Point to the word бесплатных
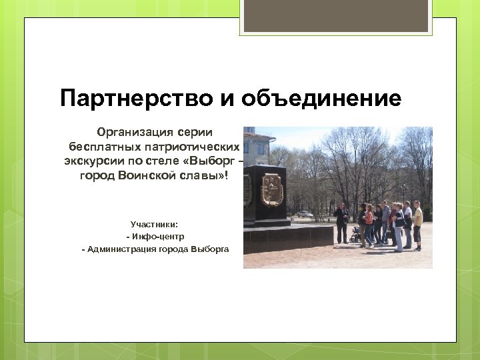click(x=101, y=146)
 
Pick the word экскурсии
click(x=87, y=161)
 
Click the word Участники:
click(x=154, y=225)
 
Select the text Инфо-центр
click(x=157, y=237)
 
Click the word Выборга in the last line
click(x=209, y=249)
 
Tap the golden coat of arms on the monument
click(x=271, y=189)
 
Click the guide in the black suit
click(x=341, y=223)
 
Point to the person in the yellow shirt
click(x=417, y=224)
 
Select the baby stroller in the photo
click(x=355, y=234)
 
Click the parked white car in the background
click(x=305, y=214)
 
